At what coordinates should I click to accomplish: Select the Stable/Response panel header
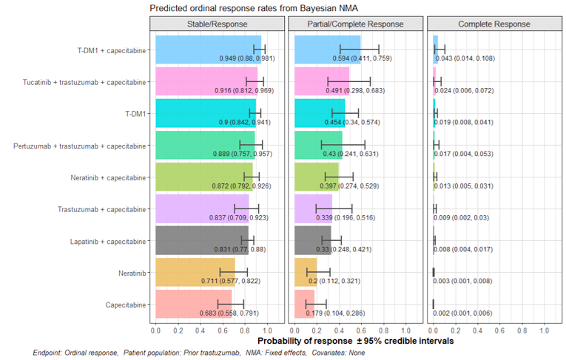coord(216,24)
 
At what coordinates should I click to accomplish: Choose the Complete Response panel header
coord(493,24)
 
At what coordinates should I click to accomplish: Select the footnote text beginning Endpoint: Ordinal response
coord(198,353)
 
